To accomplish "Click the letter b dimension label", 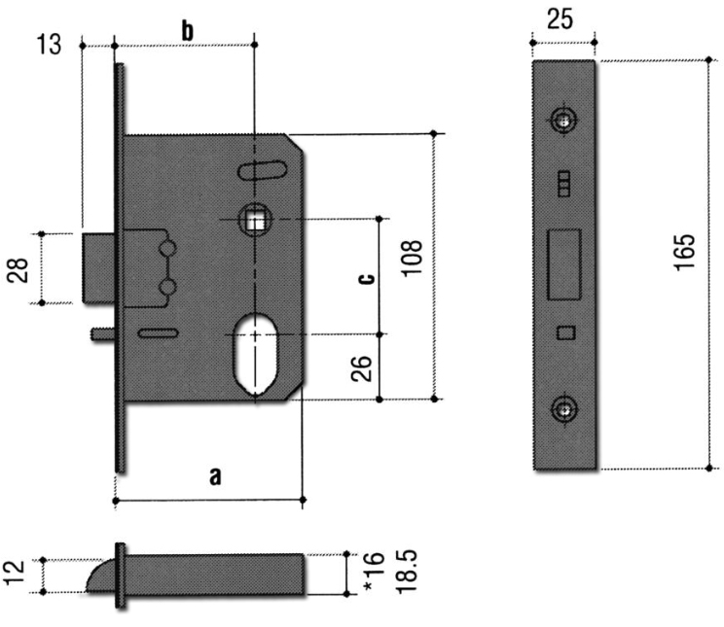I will [x=188, y=30].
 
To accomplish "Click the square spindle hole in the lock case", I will [x=256, y=222].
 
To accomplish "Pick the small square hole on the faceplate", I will [x=564, y=333].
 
